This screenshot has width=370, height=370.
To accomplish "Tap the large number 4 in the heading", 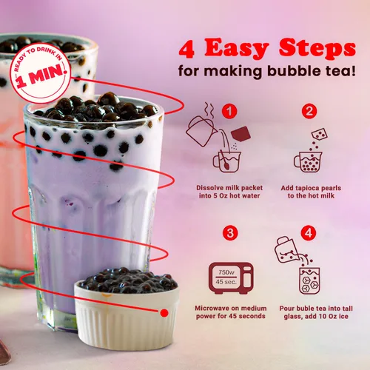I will (187, 50).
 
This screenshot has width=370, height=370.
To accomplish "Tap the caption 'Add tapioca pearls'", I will (310, 188).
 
